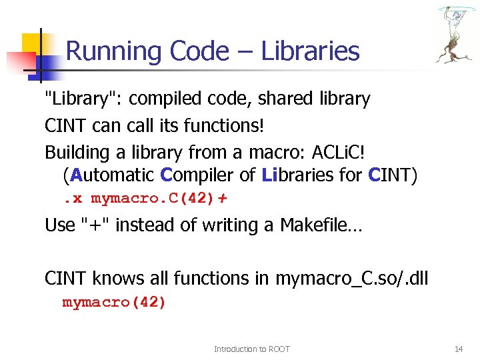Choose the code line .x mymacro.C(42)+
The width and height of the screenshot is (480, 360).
pos(145,199)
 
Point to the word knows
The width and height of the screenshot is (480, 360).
pos(116,277)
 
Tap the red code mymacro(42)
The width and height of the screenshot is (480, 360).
pos(114,302)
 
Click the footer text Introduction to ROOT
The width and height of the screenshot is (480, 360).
pos(251,349)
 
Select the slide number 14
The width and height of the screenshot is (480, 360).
pos(458,349)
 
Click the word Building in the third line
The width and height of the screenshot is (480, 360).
pos(74,153)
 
